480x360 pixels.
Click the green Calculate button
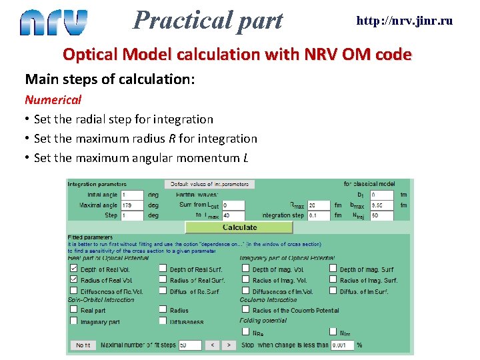coord(239,227)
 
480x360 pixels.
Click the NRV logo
coord(53,22)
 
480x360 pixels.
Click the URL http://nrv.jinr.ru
coord(404,21)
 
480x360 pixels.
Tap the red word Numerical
coord(53,100)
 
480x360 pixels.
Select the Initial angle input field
coord(132,195)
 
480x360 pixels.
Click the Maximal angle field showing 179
coord(132,205)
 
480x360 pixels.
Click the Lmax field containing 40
coord(233,215)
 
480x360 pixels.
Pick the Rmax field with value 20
coord(319,205)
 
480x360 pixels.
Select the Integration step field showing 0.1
coord(319,215)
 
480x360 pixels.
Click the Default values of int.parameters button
coord(209,184)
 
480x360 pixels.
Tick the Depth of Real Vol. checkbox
coord(73,269)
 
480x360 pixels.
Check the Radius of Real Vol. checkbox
coord(73,280)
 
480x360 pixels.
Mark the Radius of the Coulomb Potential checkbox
coord(245,310)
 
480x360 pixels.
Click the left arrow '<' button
coord(211,345)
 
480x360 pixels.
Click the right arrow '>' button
coord(228,345)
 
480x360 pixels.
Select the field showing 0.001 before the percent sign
coord(343,345)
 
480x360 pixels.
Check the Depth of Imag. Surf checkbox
coord(333,269)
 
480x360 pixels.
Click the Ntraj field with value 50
coord(381,215)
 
